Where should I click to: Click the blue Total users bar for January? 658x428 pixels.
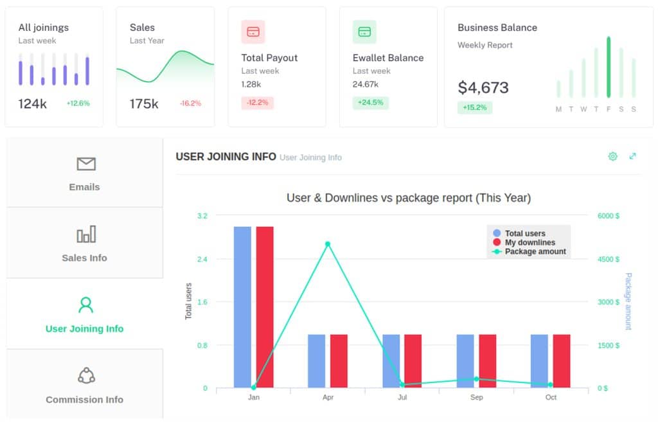click(242, 307)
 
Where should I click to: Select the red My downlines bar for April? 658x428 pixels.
click(339, 361)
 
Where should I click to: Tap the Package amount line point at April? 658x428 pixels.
click(328, 244)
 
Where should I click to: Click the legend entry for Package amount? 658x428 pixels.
click(535, 252)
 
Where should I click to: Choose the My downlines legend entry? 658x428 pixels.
click(529, 243)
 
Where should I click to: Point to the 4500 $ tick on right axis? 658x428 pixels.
click(608, 260)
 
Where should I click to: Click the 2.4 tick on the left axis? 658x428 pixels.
click(202, 260)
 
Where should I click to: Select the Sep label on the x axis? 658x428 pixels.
click(476, 398)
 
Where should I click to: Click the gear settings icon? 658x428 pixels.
click(612, 156)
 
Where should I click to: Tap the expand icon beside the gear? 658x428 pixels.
click(633, 156)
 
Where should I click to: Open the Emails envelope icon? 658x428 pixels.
click(85, 165)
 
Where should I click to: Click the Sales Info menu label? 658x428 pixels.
click(84, 258)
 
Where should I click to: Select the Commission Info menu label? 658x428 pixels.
click(84, 400)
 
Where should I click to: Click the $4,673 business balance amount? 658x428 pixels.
click(483, 87)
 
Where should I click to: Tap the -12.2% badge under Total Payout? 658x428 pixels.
click(258, 103)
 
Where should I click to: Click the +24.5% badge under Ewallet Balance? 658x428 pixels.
click(370, 103)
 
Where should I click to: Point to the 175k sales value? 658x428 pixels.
click(144, 103)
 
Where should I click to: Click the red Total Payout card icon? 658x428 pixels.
click(253, 31)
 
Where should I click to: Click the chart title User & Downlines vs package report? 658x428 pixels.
click(409, 198)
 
